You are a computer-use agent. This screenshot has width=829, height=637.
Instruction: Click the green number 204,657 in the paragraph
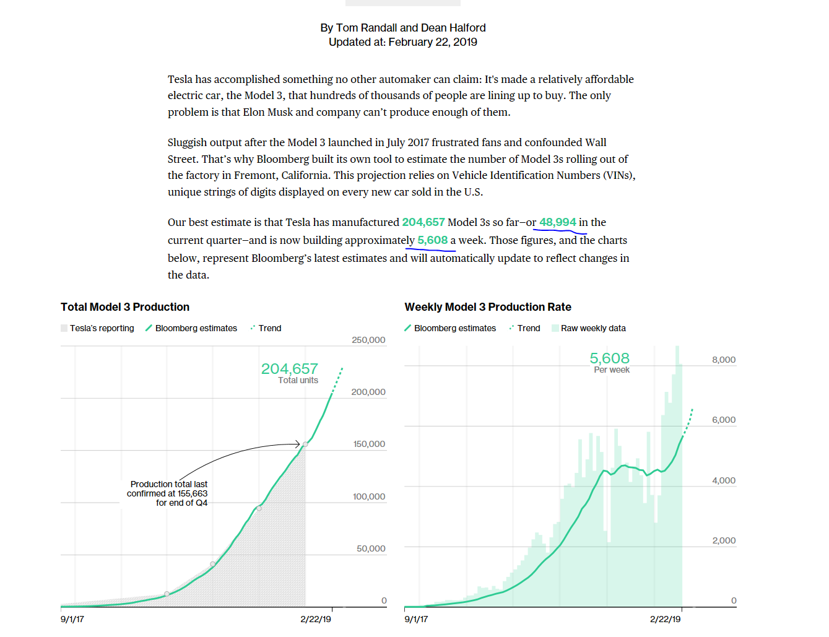423,222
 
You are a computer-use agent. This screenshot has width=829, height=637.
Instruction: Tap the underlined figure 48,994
557,222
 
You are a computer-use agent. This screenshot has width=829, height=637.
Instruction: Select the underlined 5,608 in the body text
432,240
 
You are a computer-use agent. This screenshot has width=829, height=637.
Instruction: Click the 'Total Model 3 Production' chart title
125,307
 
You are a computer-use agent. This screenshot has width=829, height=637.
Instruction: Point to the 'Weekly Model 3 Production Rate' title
488,307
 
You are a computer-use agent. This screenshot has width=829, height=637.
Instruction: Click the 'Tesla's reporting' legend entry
102,328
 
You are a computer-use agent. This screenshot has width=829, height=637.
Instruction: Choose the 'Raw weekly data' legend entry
592,328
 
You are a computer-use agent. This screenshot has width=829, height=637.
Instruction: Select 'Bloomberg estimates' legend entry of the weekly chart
454,328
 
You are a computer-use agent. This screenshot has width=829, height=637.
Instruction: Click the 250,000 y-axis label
368,340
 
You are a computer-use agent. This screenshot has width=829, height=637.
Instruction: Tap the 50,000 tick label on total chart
371,548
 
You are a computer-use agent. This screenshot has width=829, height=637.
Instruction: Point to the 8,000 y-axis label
724,360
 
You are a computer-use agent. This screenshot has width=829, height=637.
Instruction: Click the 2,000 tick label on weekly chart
724,540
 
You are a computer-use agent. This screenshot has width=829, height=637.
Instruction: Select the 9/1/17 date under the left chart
72,619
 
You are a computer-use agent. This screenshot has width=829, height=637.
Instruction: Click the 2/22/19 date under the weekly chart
666,619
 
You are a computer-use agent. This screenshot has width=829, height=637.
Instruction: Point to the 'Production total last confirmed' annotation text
168,493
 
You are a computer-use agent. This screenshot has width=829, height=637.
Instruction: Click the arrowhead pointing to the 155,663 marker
298,444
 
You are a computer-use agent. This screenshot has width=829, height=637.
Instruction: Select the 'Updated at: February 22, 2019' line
403,42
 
